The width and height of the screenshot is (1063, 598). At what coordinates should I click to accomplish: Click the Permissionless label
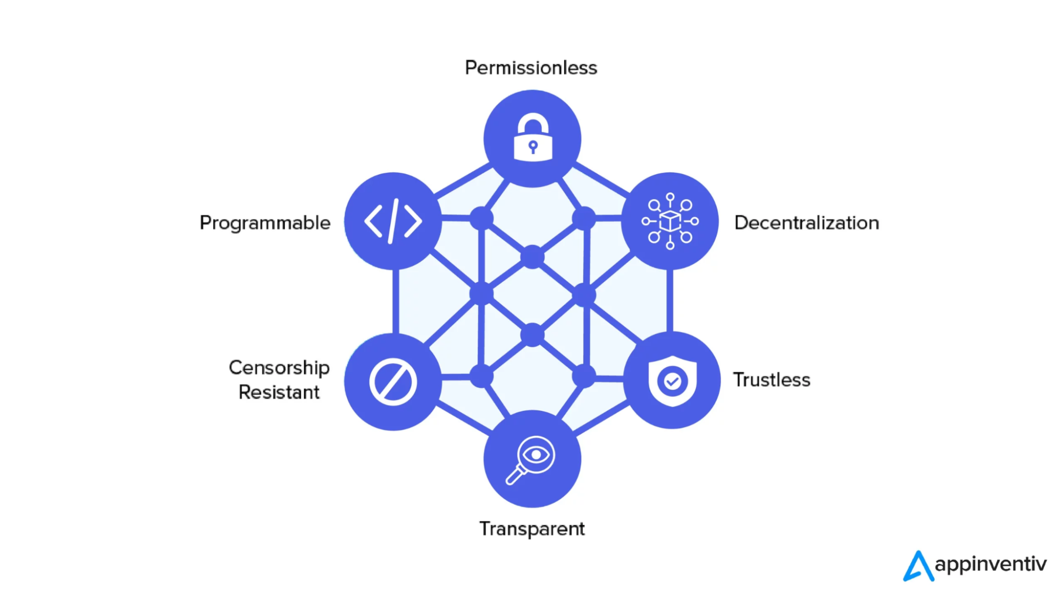531,68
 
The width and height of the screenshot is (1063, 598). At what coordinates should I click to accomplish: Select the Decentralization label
806,223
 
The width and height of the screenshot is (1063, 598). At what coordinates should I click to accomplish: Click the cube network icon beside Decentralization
670,221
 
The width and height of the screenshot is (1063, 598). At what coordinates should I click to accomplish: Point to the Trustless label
772,380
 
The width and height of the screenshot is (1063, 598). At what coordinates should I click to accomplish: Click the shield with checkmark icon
672,381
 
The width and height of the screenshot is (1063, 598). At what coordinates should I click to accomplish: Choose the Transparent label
532,529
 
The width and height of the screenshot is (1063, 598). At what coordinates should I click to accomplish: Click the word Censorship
279,368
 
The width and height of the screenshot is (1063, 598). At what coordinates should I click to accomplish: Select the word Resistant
279,392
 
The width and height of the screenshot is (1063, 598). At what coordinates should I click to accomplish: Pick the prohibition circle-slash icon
393,382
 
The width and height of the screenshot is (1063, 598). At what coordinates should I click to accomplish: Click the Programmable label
265,223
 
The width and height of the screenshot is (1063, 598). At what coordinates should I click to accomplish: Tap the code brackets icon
393,221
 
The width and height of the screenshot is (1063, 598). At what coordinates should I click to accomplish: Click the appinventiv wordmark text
990,564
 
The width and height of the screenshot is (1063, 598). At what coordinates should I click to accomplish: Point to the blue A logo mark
918,566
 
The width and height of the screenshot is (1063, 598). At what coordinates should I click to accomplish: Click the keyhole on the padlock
533,147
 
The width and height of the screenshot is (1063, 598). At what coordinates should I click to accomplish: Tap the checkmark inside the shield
673,381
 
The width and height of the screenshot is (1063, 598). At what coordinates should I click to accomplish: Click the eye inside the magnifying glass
536,454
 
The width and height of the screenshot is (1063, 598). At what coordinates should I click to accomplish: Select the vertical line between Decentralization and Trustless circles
669,300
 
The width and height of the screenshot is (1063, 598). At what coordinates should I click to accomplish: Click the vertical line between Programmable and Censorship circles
396,301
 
